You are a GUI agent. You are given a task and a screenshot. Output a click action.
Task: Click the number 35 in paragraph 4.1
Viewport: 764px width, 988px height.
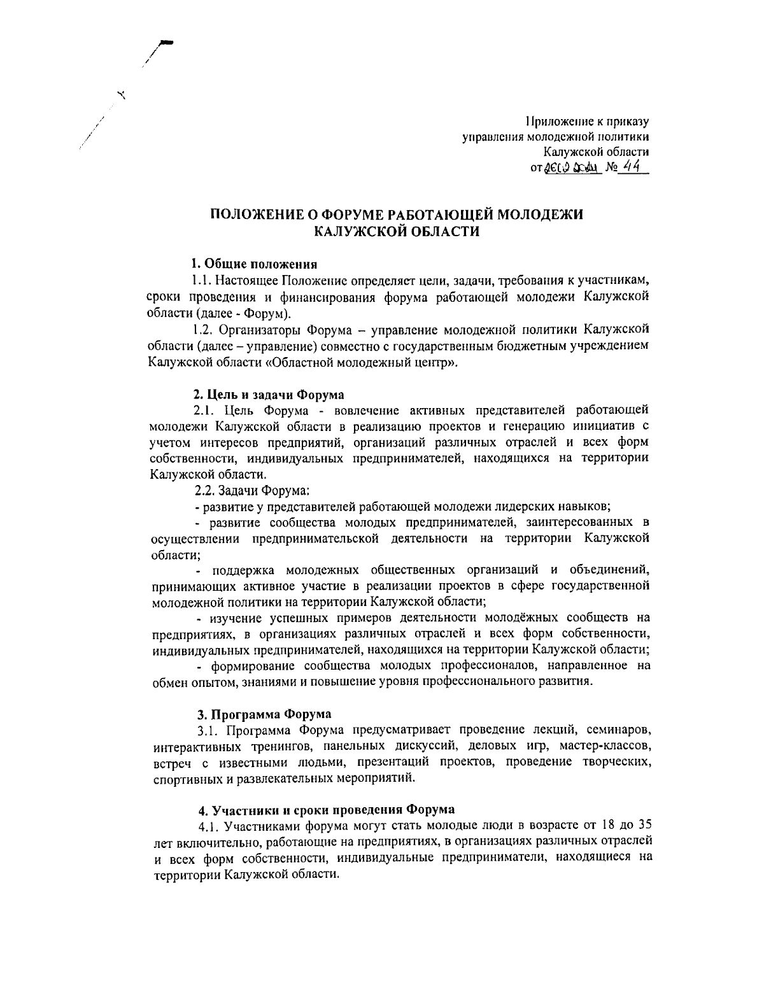(641, 826)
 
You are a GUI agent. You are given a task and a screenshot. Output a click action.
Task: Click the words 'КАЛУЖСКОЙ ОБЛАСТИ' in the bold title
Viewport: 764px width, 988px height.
(397, 232)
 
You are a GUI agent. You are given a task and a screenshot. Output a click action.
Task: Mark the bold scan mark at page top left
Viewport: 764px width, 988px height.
(167, 43)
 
